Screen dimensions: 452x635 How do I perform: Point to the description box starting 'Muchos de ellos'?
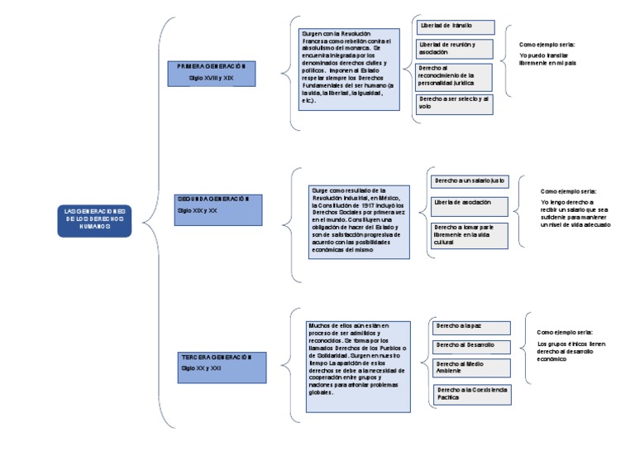358,366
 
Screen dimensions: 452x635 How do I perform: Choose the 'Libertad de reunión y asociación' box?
454,48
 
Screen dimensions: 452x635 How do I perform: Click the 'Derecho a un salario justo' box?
470,180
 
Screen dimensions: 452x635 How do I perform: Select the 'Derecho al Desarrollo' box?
472,344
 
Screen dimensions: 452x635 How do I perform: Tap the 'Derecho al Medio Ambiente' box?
472,368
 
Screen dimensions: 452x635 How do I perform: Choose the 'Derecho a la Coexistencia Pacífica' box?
473,393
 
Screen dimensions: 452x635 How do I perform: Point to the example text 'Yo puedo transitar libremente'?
547,58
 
